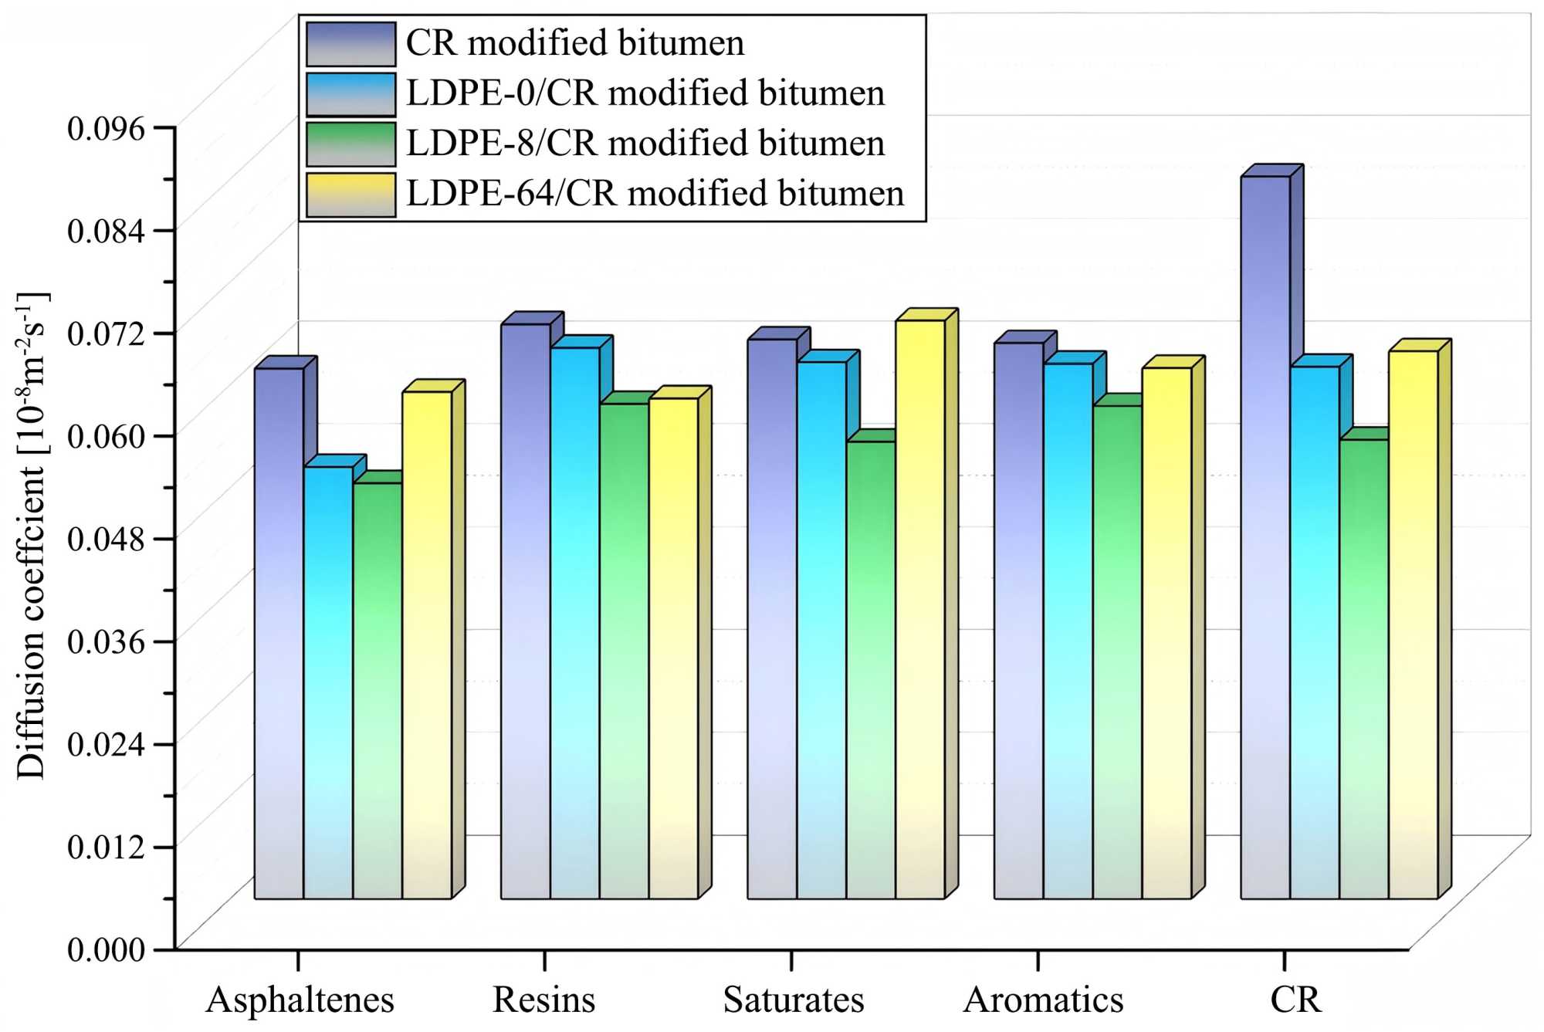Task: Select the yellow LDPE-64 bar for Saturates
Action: [x=919, y=610]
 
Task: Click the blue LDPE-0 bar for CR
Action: [x=1314, y=633]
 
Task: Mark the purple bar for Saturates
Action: [x=771, y=618]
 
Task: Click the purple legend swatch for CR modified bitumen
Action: [x=350, y=43]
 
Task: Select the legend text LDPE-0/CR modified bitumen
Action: [x=645, y=93]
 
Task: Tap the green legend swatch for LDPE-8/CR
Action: [x=350, y=144]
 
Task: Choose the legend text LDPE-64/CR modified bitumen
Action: [x=655, y=193]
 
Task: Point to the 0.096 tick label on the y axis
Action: [x=106, y=128]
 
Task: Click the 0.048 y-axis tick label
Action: [x=106, y=538]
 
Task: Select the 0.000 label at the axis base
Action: [x=106, y=949]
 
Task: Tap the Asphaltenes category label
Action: [x=300, y=1000]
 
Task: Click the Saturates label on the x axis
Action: [x=793, y=1000]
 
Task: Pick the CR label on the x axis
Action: [x=1295, y=1000]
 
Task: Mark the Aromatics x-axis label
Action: [x=1043, y=1000]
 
